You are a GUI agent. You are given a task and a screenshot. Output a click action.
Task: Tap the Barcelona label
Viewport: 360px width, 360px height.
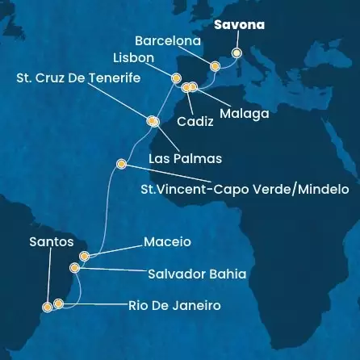168,40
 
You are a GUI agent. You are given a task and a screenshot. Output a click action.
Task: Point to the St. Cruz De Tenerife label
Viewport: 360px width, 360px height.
78,78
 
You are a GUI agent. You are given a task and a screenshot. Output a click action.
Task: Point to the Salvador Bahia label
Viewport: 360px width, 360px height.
197,274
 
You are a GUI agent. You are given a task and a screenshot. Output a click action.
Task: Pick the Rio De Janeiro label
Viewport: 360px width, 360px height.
174,306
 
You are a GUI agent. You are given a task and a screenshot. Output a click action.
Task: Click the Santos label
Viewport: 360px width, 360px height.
51,241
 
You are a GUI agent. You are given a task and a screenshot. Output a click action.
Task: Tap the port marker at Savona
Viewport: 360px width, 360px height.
236,53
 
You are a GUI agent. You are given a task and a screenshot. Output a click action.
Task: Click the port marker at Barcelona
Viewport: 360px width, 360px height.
214,66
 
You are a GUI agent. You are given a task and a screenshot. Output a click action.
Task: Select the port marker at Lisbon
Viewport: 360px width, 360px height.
176,77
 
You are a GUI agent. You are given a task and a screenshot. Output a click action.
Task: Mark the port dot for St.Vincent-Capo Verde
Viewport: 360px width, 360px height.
121,164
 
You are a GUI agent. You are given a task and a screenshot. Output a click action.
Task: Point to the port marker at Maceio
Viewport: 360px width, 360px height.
84,255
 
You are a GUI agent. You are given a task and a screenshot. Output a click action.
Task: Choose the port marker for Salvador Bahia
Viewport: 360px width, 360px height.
75,267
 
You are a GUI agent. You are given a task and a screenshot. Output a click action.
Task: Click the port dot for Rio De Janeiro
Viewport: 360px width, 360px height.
58,304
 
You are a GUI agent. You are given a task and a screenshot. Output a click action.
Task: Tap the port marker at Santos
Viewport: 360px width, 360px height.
47,307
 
